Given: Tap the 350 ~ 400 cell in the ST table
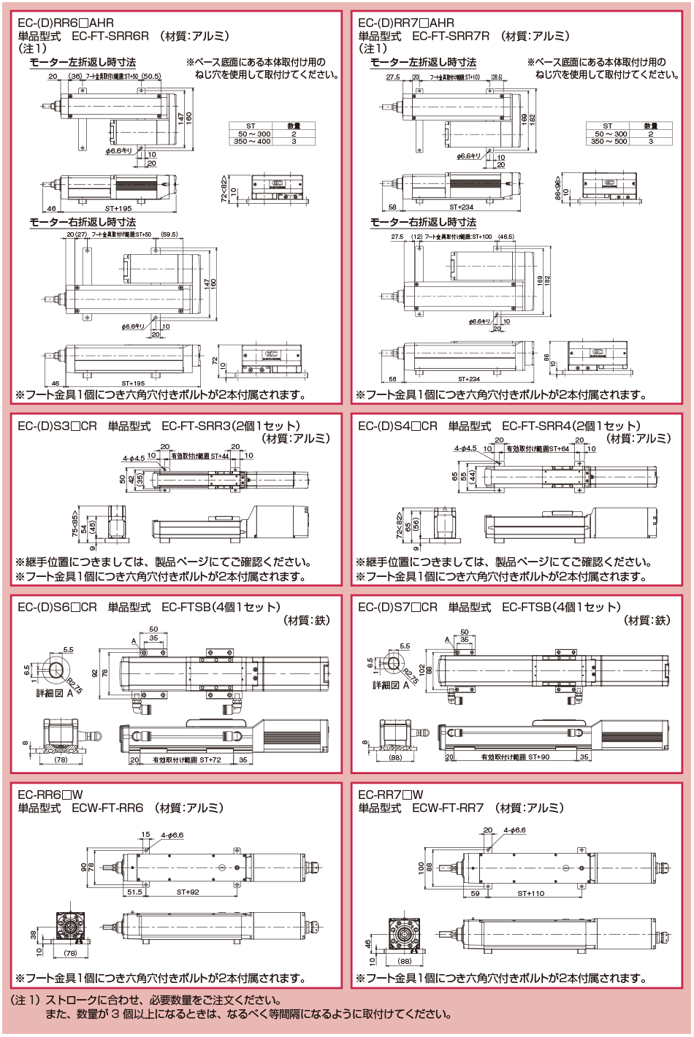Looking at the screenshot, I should (252, 142).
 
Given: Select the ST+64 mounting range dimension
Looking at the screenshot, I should (559, 449).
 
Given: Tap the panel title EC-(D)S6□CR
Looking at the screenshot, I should (57, 607).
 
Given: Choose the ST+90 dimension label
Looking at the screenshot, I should (535, 757).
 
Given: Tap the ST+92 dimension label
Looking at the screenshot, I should (188, 892).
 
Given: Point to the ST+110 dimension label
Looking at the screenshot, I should (531, 893).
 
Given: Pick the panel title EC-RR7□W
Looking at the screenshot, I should (391, 795).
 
